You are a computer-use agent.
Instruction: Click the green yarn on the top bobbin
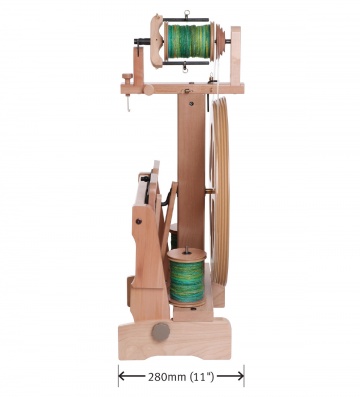pos(188,41)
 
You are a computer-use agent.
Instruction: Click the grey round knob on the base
pos(160,332)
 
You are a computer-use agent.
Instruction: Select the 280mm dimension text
pos(167,377)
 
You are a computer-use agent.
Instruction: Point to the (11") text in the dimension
pos(201,377)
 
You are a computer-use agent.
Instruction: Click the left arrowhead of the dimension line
pos(123,376)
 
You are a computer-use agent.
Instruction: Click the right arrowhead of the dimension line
pos(239,376)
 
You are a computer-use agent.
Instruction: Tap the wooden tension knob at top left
pos(128,79)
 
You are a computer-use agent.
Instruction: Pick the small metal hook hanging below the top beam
pos(128,103)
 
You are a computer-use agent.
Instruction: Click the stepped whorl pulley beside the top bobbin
pos(218,41)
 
